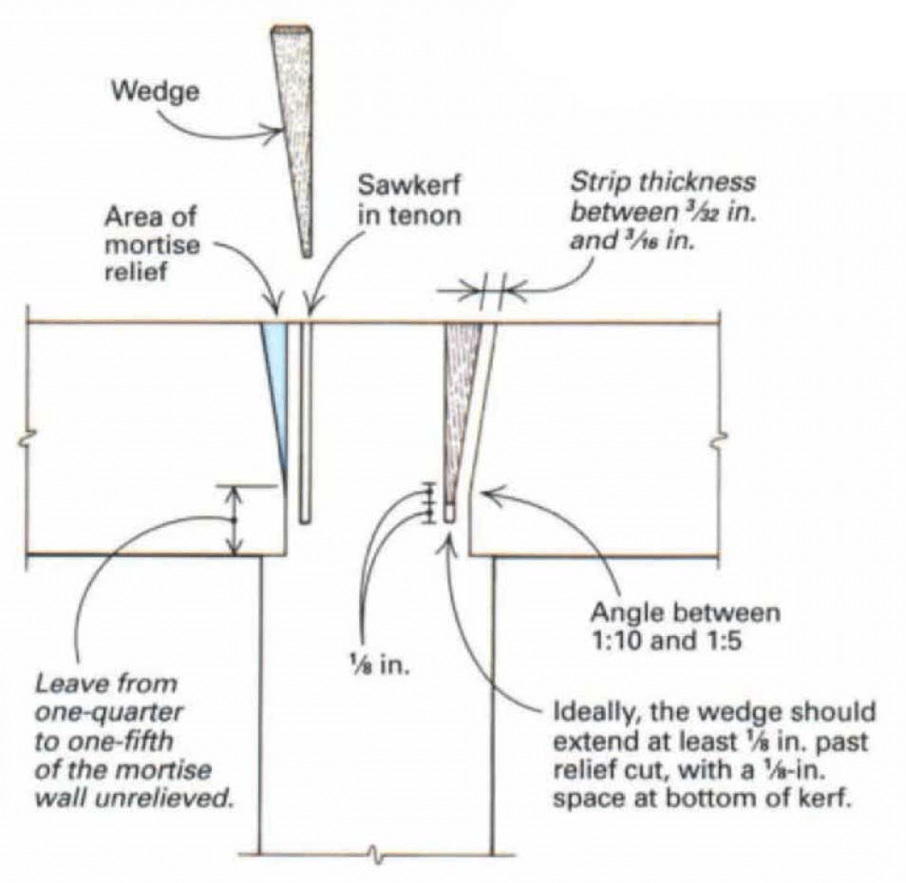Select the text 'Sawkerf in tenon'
(409, 199)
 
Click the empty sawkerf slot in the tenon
(305, 423)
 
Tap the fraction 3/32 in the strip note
(699, 213)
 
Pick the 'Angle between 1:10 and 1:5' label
(686, 626)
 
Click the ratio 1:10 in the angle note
(616, 641)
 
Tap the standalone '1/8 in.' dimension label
(379, 666)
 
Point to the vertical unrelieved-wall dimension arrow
(234, 520)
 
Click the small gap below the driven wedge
(449, 512)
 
